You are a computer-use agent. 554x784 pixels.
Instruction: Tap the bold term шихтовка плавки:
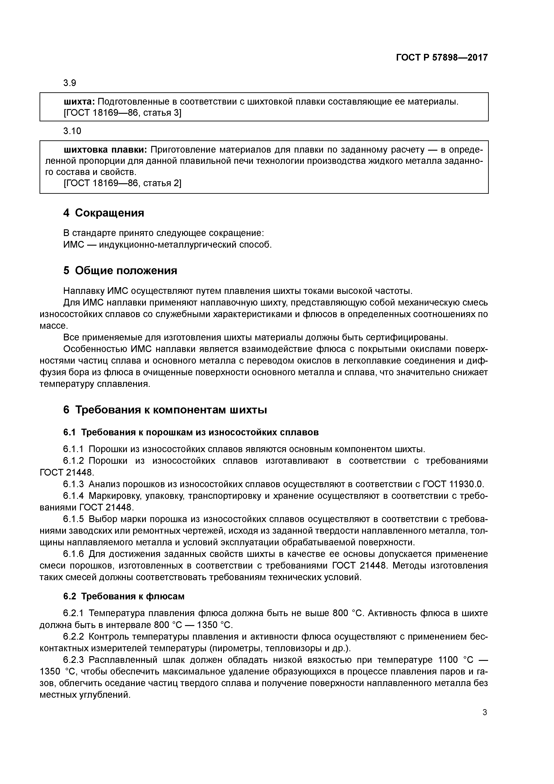(x=105, y=150)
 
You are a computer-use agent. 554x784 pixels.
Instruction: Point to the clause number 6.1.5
(x=73, y=519)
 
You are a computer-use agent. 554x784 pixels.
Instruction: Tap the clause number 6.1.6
(x=73, y=554)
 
